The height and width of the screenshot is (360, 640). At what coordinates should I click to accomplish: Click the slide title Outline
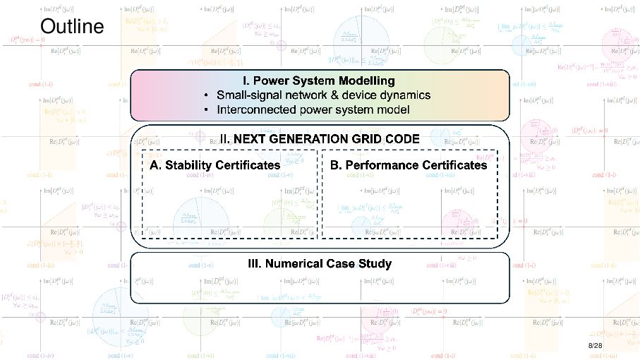pyautogui.click(x=72, y=27)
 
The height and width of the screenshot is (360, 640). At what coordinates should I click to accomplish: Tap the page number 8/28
pyautogui.click(x=595, y=346)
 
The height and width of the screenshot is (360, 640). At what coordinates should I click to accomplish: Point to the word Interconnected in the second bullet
pyautogui.click(x=254, y=110)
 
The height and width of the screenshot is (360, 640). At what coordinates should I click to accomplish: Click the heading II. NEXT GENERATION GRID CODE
pyautogui.click(x=319, y=140)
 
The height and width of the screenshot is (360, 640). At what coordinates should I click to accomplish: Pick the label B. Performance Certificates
pyautogui.click(x=409, y=165)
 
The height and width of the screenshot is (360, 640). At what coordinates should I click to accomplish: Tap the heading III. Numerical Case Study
pyautogui.click(x=320, y=264)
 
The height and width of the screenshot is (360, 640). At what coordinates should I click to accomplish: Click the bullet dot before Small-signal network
pyautogui.click(x=205, y=95)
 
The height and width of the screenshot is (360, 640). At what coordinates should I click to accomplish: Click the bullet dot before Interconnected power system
pyautogui.click(x=205, y=110)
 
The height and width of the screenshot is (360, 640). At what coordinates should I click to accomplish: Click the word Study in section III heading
pyautogui.click(x=375, y=264)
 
